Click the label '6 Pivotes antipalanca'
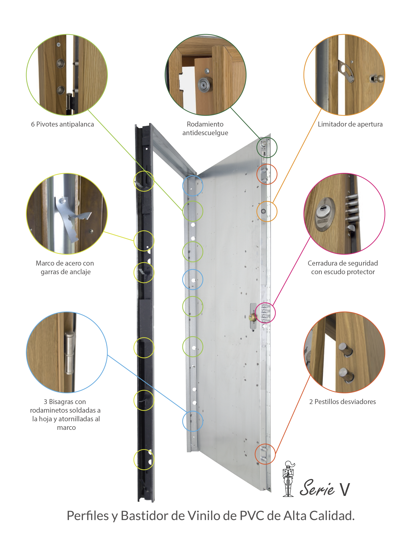(x=62, y=124)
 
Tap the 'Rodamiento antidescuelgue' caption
(x=205, y=128)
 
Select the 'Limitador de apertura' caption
(x=350, y=124)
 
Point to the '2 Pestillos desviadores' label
(x=342, y=402)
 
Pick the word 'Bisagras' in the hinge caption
(x=61, y=402)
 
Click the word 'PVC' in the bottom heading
(x=252, y=516)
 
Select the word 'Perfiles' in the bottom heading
(x=88, y=516)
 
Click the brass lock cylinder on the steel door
(x=252, y=317)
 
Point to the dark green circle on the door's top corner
(x=267, y=147)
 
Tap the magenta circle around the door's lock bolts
(x=265, y=313)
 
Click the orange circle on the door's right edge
(x=267, y=211)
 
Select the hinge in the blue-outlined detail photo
(x=69, y=352)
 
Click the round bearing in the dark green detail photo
(x=205, y=84)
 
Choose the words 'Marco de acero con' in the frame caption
(x=65, y=263)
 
